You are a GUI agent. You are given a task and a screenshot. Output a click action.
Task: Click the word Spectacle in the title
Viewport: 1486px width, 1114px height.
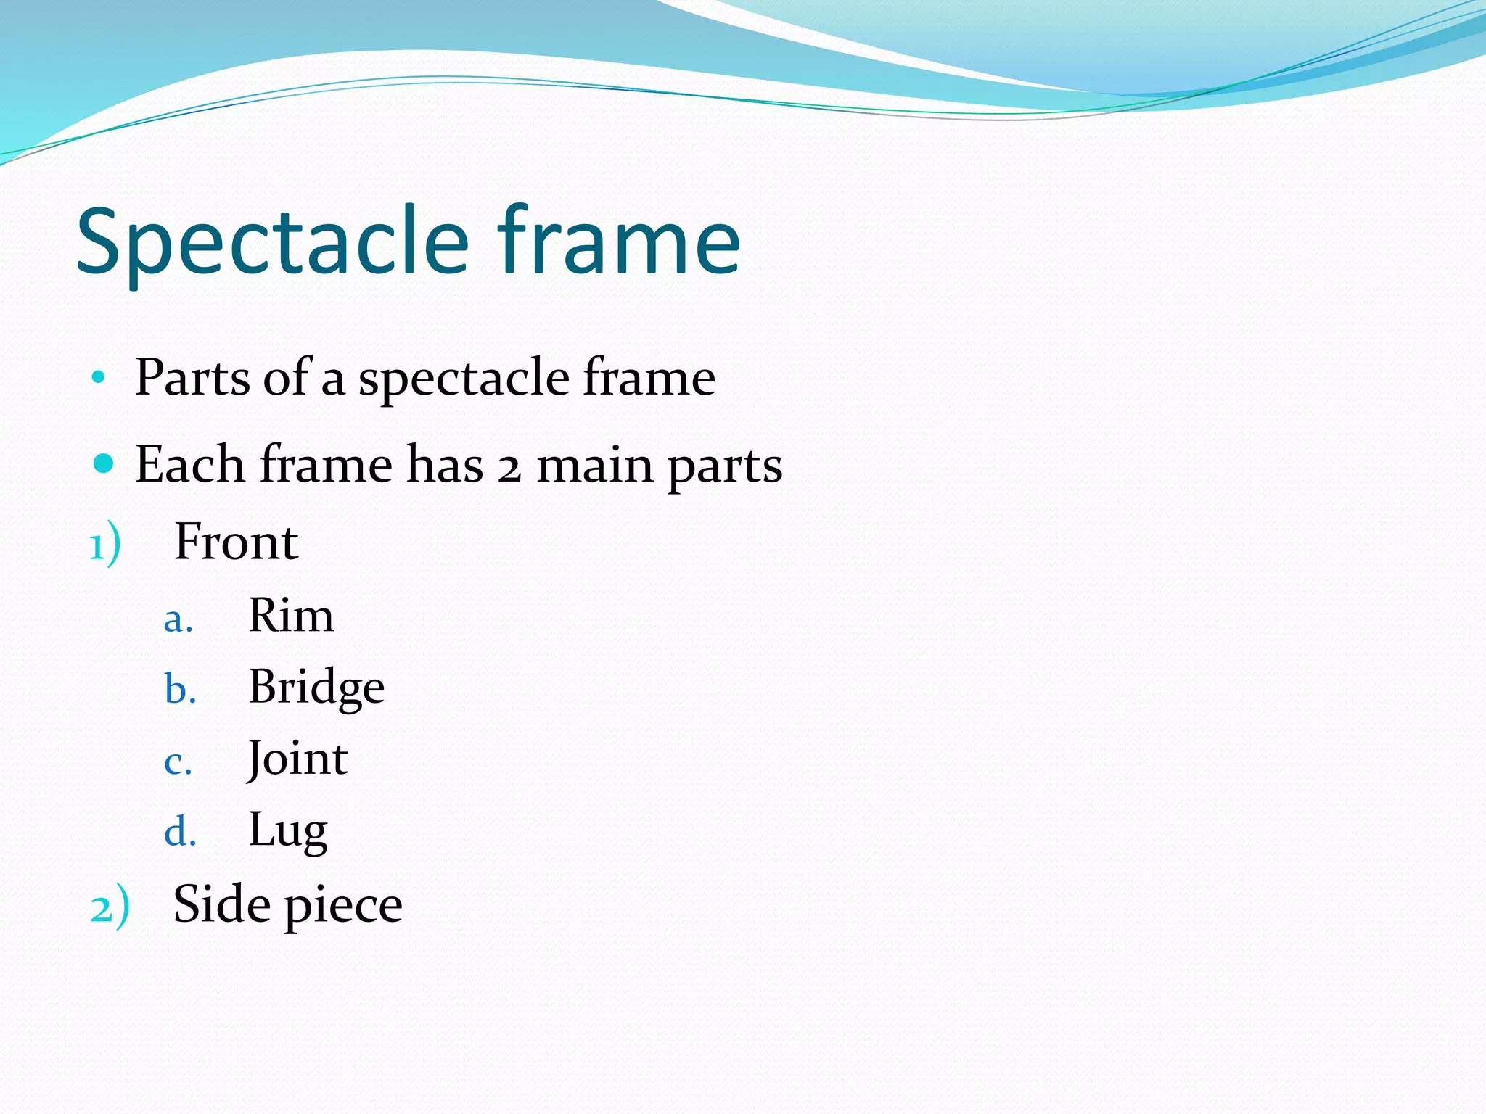tap(273, 243)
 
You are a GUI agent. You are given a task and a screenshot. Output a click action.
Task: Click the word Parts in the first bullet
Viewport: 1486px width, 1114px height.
tap(193, 377)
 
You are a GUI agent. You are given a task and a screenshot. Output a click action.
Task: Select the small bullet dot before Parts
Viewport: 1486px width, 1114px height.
tap(99, 377)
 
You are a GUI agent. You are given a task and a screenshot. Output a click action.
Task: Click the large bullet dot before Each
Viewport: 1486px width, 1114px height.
tap(104, 463)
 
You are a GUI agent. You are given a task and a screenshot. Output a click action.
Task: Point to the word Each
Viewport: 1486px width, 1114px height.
tap(189, 464)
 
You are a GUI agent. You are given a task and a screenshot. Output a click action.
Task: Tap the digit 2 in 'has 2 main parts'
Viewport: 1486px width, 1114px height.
tap(509, 468)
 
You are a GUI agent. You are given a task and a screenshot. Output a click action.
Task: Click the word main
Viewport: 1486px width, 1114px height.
tap(594, 465)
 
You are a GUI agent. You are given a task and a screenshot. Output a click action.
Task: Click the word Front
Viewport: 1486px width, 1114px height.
tap(237, 542)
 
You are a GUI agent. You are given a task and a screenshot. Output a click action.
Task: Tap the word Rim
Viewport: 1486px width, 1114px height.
tap(291, 616)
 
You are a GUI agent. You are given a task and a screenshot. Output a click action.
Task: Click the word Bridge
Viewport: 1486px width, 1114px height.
tap(316, 687)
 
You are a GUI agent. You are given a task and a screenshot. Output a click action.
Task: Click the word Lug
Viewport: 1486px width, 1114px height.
tap(288, 830)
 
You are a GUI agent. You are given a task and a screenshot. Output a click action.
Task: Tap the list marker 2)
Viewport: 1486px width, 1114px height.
tap(110, 907)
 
